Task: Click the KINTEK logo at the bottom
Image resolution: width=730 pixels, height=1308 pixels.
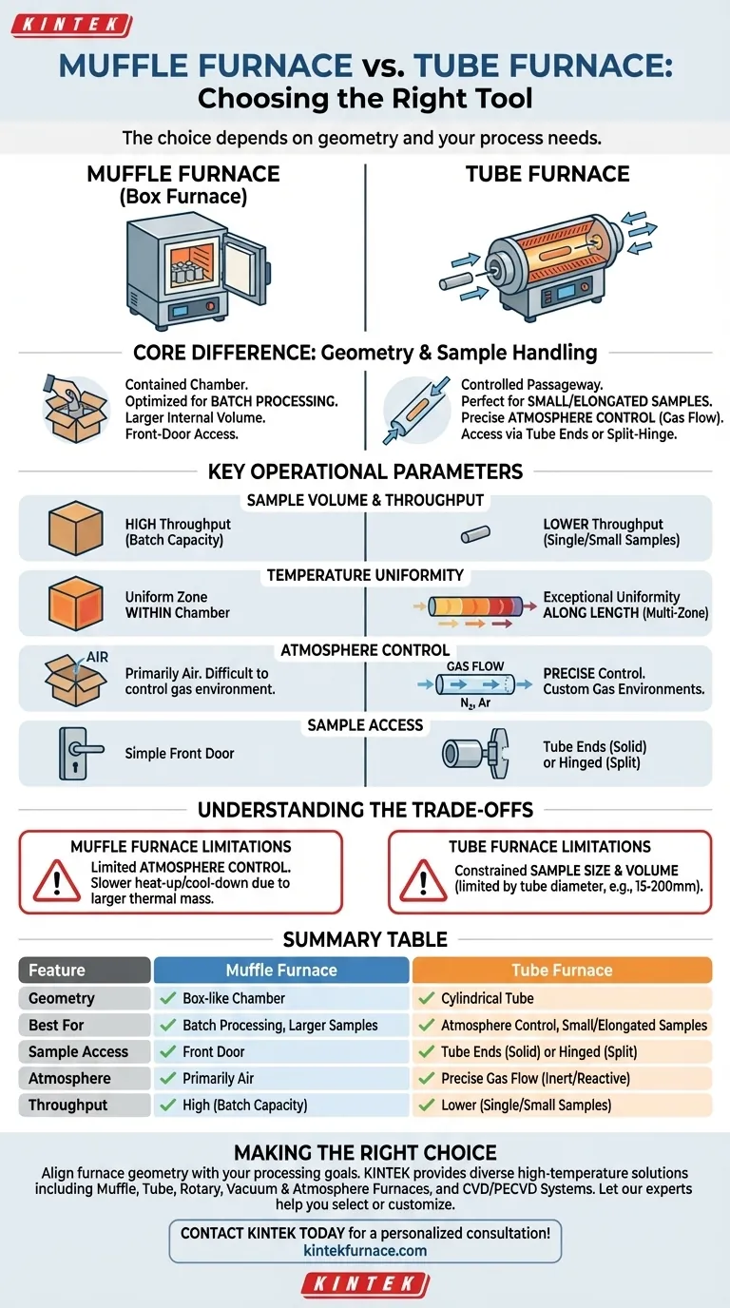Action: point(365,1283)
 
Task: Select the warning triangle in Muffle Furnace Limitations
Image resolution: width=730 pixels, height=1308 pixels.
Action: point(56,882)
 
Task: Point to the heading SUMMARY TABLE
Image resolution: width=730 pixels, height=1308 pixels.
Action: point(365,939)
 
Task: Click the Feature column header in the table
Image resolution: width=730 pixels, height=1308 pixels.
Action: point(85,971)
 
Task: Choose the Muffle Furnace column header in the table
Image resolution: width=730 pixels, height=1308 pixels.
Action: point(281,971)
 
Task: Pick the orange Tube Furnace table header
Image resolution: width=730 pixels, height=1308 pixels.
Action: point(562,971)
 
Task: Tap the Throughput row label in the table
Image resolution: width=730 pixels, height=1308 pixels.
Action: point(67,1105)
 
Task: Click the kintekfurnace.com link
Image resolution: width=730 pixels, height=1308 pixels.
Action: point(365,1250)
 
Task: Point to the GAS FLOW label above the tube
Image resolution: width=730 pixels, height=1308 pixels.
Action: point(474,666)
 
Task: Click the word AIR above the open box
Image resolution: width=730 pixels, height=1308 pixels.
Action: point(98,657)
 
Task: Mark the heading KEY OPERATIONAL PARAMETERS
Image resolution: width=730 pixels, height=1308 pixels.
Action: point(365,471)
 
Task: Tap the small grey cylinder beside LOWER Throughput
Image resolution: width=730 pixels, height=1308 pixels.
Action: point(472,535)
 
